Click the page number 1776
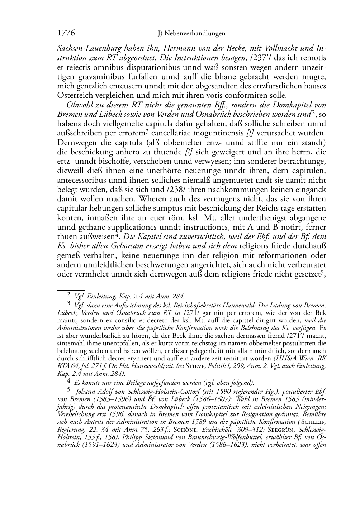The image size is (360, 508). point(66,33)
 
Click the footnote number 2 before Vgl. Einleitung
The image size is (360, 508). point(69,296)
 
